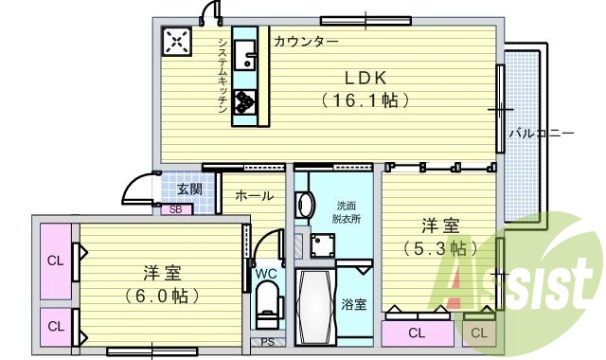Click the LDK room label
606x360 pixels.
[x=357, y=77]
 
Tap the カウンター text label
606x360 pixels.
[x=306, y=42]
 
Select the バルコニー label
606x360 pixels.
[x=542, y=134]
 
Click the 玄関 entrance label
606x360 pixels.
[x=189, y=189]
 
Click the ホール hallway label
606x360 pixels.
[x=254, y=196]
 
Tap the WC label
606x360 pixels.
[x=266, y=274]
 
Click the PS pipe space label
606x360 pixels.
[x=267, y=342]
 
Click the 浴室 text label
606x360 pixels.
[x=354, y=305]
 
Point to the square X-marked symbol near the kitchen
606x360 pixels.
[x=177, y=41]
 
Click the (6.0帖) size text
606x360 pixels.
[x=163, y=296]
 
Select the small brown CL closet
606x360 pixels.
[x=478, y=333]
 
